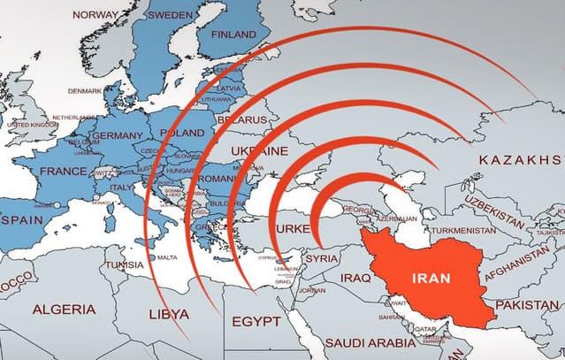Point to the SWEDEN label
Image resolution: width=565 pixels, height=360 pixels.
(171, 15)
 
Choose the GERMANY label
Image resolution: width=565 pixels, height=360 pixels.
(118, 135)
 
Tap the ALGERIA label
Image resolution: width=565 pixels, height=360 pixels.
(63, 310)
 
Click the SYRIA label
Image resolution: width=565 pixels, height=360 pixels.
(321, 258)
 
